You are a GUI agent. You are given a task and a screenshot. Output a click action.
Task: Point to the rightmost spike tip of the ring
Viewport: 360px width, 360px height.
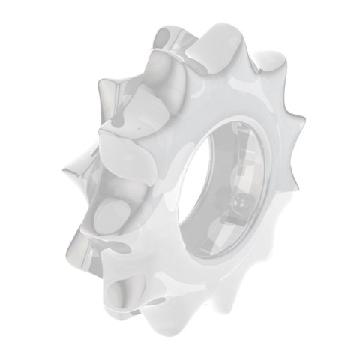(305, 118)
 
